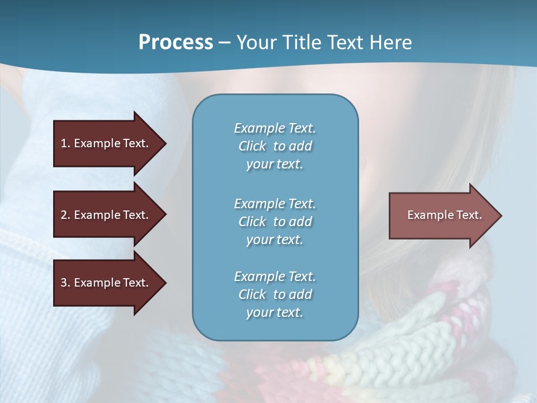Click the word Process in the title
click(176, 43)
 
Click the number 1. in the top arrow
click(65, 143)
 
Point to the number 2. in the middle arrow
click(65, 215)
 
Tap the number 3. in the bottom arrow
click(65, 283)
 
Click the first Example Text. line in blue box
click(275, 128)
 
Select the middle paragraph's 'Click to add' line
click(275, 222)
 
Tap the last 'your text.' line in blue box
click(275, 312)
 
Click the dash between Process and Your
click(224, 43)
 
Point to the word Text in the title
click(345, 43)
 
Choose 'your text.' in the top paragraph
click(275, 164)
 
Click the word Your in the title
click(257, 43)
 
